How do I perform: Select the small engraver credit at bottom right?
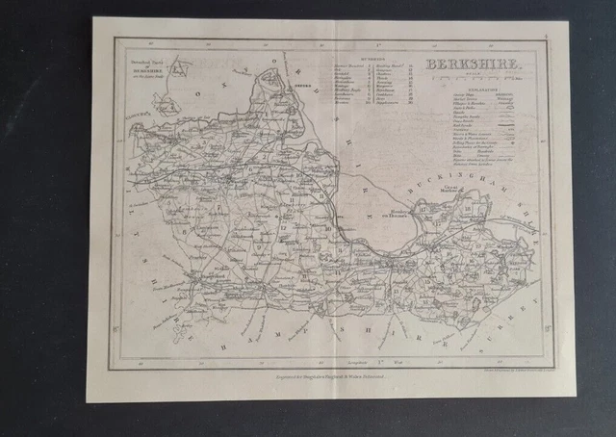tap(507, 364)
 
